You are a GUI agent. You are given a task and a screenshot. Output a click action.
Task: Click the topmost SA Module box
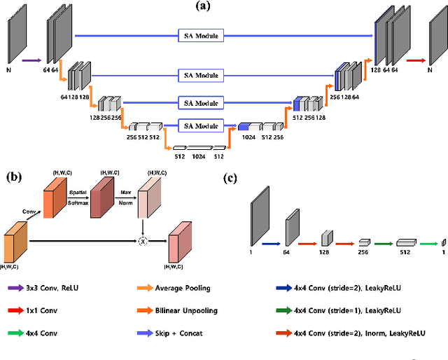click(200, 36)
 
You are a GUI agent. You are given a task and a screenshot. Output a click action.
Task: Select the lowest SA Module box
click(200, 126)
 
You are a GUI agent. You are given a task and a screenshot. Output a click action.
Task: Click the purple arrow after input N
click(31, 61)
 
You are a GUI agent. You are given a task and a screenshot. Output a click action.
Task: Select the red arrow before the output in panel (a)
click(415, 61)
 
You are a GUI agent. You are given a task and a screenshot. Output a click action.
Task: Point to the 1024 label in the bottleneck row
click(199, 157)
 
